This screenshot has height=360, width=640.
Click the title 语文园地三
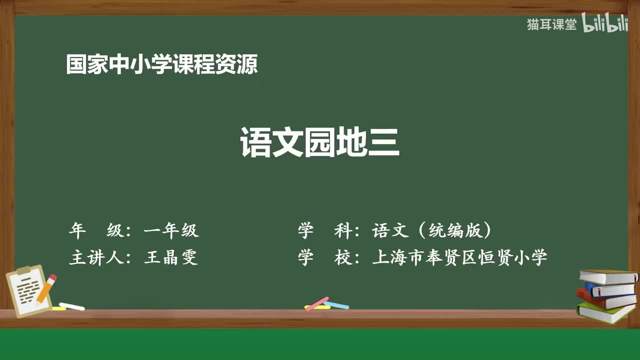pyautogui.click(x=319, y=142)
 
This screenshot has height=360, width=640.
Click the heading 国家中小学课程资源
pyautogui.click(x=162, y=64)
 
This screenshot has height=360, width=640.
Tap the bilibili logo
pyautogui.click(x=605, y=23)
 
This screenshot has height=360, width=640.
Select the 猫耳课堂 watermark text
pyautogui.click(x=551, y=24)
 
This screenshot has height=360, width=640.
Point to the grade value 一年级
pyautogui.click(x=171, y=230)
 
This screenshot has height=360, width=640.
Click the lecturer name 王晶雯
pyautogui.click(x=171, y=257)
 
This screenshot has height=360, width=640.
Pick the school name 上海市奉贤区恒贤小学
pyautogui.click(x=459, y=257)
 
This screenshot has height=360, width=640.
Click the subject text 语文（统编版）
pyautogui.click(x=431, y=230)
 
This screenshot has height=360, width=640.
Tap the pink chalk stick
pyautogui.click(x=317, y=303)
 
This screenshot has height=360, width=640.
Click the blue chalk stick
pyautogui.click(x=336, y=305)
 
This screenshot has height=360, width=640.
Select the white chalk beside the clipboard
pyautogui.click(x=71, y=306)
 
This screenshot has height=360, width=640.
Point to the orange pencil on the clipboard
pyautogui.click(x=46, y=288)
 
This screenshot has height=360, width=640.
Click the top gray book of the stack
pyautogui.click(x=608, y=277)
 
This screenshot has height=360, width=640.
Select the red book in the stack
pyautogui.click(x=605, y=299)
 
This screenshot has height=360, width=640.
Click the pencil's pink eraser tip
pyautogui.click(x=53, y=277)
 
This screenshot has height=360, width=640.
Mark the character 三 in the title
pyautogui.click(x=383, y=142)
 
